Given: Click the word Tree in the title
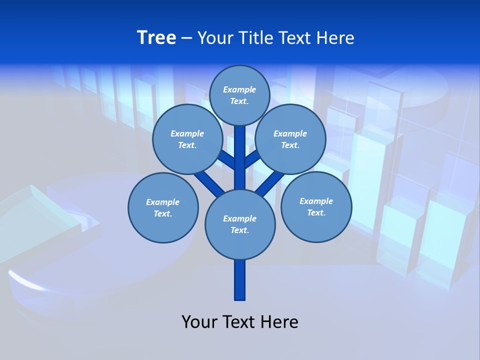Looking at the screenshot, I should coord(156,37).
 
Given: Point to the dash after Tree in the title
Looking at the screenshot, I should coord(186,38).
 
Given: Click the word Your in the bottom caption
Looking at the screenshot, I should coord(199,321).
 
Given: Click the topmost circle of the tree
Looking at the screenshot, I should coord(239,95).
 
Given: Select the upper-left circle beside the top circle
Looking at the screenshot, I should coord(187,139).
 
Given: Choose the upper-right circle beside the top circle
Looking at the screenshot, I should coord(290,139).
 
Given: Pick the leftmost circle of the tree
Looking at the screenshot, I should coord(163,207).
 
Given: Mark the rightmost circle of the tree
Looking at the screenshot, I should coord(316,206).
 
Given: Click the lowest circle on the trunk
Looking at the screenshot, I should coord(240,224).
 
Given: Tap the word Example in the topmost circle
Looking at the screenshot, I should coord(239,89).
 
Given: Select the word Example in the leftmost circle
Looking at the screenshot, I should coord(162,202).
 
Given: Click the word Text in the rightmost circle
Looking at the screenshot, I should coord(316,212).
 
